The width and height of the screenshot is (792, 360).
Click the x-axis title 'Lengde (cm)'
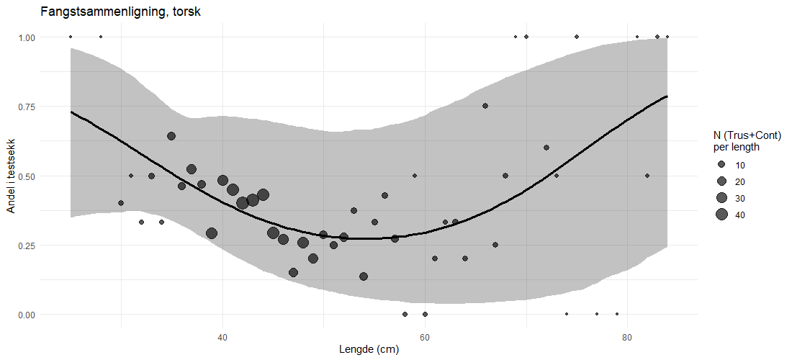coord(369,350)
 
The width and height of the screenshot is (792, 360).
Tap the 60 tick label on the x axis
coord(425,337)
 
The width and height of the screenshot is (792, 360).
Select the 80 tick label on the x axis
coord(627,337)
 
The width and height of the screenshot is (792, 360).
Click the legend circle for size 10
coord(721,164)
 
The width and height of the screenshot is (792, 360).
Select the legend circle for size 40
coord(721,214)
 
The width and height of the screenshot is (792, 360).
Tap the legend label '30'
coord(740,197)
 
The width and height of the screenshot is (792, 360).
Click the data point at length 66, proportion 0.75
coord(485,106)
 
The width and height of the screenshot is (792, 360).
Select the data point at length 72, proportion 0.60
coord(546,148)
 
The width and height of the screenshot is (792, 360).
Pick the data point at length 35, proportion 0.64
coord(171,136)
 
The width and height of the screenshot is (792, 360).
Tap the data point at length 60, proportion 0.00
coord(425,315)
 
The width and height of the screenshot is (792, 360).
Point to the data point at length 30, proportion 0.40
coord(121,203)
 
